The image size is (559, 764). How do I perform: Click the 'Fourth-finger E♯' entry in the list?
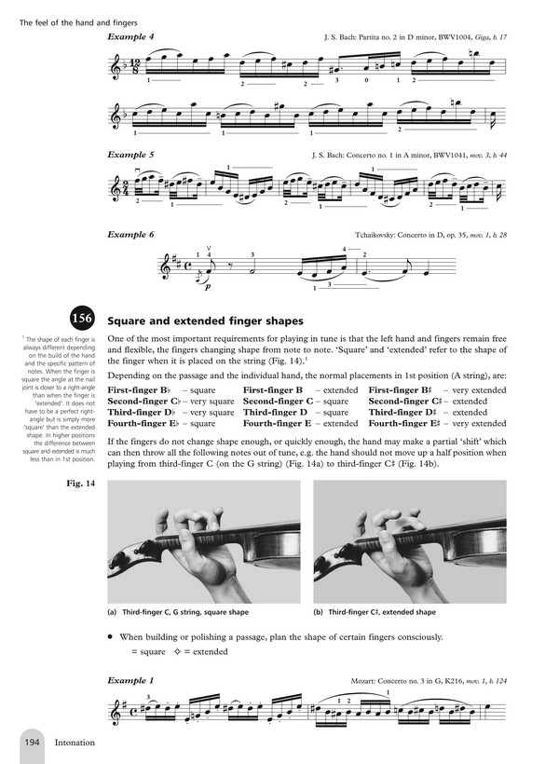point(402,423)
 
